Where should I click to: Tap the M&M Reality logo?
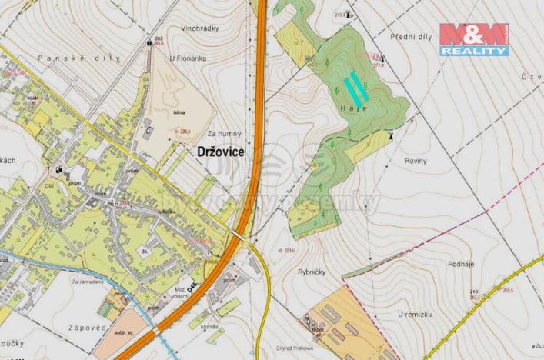pos(474,39)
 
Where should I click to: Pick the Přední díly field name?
pos(409,37)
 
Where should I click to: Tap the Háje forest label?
pos(353,109)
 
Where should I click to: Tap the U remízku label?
pos(413,315)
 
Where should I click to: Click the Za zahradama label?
pos(88,282)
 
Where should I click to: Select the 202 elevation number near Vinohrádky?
pos(158,38)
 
